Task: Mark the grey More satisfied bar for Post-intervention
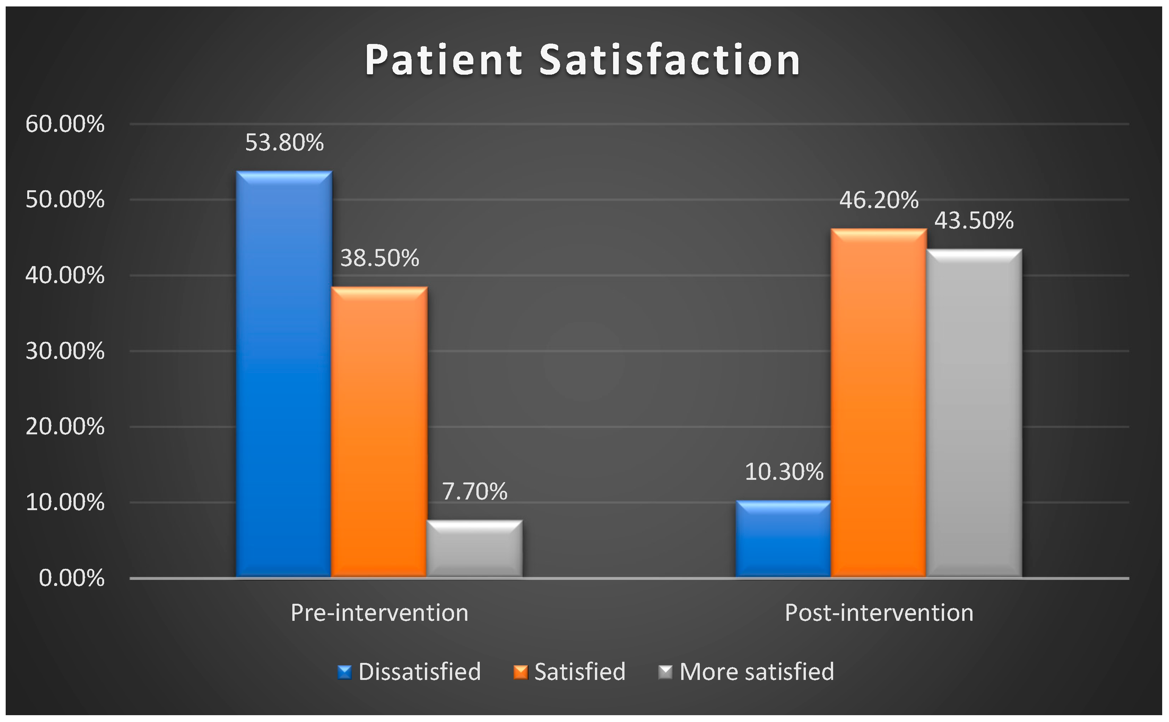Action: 974,413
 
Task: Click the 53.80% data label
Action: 284,142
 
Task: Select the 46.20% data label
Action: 879,200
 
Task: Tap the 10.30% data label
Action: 784,472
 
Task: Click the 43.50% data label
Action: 974,220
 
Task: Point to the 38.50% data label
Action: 379,258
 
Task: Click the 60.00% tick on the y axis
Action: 65,124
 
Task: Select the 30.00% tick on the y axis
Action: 65,351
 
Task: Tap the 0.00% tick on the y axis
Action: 72,578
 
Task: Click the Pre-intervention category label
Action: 379,612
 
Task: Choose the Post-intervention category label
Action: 879,612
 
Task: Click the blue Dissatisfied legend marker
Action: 345,672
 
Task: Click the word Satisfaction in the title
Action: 670,60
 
